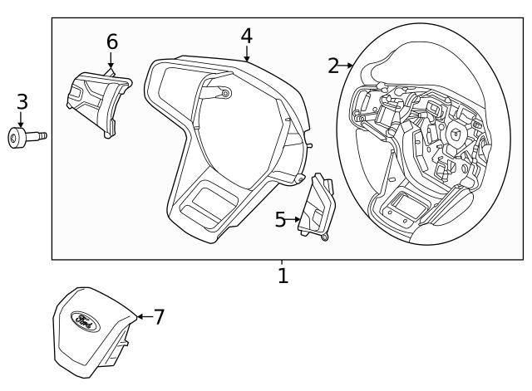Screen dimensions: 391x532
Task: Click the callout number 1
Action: point(283,275)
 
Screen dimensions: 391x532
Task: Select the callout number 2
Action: point(333,66)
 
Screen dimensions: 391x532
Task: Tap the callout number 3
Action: point(22,102)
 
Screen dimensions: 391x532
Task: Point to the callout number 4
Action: point(246,36)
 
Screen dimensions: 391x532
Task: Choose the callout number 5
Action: point(280,219)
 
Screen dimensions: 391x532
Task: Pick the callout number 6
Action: point(112,42)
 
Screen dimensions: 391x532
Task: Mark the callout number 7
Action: point(159,316)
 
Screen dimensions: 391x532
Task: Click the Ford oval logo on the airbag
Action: point(85,319)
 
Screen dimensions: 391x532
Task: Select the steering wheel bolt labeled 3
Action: point(27,137)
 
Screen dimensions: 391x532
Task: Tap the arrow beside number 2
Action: point(348,66)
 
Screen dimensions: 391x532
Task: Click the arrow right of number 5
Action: point(294,219)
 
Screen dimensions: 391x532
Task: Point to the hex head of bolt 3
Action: point(17,138)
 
